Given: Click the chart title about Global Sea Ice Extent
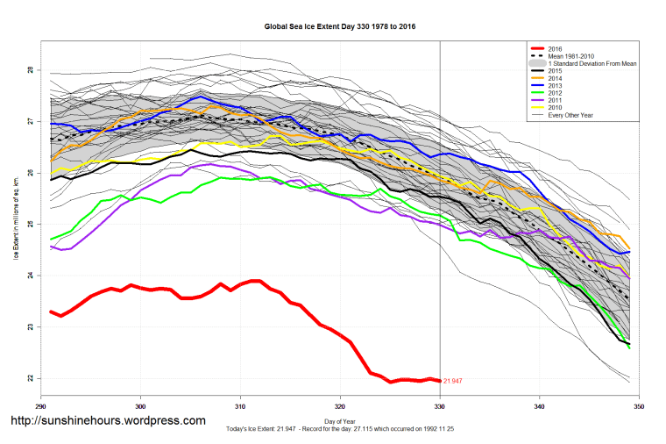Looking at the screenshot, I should click(340, 27).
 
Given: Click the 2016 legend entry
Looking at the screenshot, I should click(555, 48).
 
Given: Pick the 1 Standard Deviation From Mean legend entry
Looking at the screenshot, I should click(588, 66).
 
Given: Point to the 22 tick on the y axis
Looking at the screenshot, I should click(29, 379).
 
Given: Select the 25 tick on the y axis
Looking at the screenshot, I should click(29, 225).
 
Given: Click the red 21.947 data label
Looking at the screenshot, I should click(452, 381).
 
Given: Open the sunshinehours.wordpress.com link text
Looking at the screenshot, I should click(107, 420).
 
